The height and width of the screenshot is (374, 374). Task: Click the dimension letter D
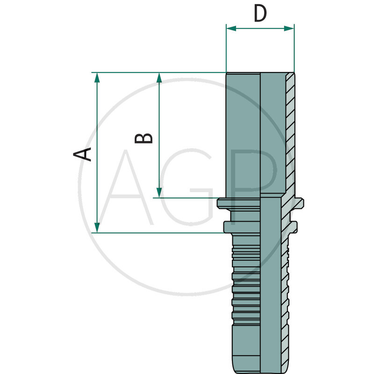(260, 14)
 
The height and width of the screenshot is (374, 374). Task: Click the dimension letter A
(82, 154)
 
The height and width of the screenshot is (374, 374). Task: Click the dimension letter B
(144, 138)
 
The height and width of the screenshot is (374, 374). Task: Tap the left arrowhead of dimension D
(231, 29)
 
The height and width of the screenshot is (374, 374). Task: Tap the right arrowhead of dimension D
(289, 29)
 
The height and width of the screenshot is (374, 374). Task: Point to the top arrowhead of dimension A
(97, 78)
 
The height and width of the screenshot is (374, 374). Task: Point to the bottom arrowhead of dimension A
(97, 228)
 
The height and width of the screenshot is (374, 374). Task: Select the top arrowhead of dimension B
(159, 78)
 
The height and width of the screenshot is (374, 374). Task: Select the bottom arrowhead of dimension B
(159, 193)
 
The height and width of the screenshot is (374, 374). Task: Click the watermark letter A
(126, 187)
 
